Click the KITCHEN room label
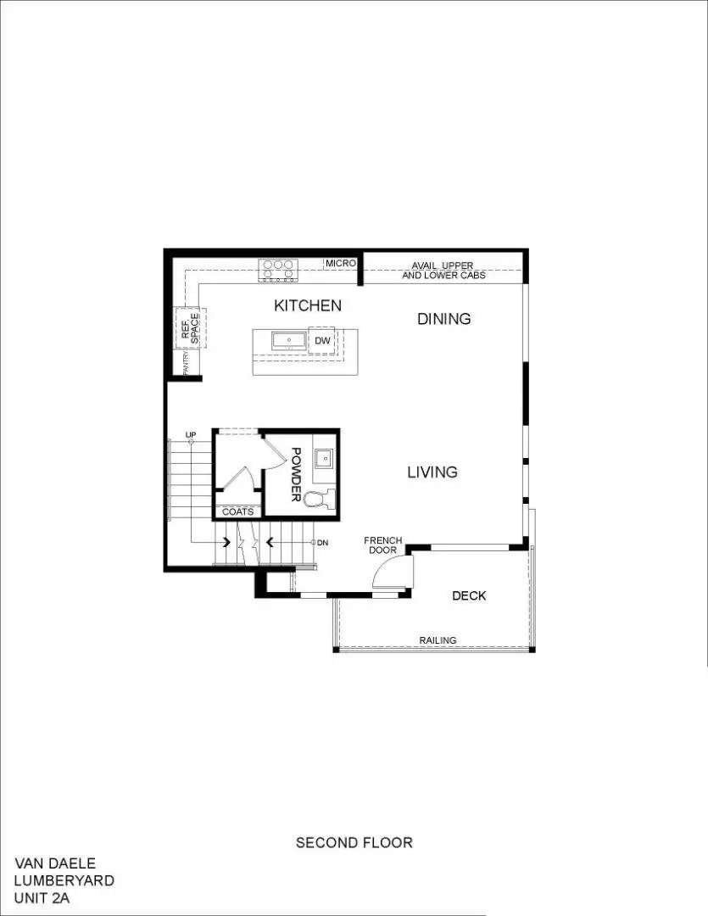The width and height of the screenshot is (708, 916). [x=307, y=305]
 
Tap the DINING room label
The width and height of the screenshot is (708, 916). [x=443, y=319]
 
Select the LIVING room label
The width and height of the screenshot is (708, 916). [x=432, y=472]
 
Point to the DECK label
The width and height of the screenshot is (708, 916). [x=469, y=595]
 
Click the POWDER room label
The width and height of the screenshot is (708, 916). [x=296, y=474]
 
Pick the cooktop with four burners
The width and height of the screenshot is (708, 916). [x=277, y=270]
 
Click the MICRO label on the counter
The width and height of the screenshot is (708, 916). [x=341, y=264]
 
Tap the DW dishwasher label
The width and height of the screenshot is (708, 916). [x=322, y=340]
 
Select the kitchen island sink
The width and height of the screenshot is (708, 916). [x=289, y=341]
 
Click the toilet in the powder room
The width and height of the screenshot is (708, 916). [x=320, y=499]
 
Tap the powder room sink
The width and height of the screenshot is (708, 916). [x=323, y=459]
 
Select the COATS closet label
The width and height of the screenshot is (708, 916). [x=237, y=511]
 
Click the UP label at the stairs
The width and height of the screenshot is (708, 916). [x=191, y=434]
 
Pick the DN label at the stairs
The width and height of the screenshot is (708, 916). [x=322, y=542]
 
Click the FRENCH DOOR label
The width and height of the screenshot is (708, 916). [x=382, y=545]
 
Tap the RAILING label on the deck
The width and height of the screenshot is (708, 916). [x=438, y=640]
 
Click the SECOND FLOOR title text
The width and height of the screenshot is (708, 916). [x=354, y=842]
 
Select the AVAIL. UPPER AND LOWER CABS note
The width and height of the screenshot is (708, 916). [x=443, y=271]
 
